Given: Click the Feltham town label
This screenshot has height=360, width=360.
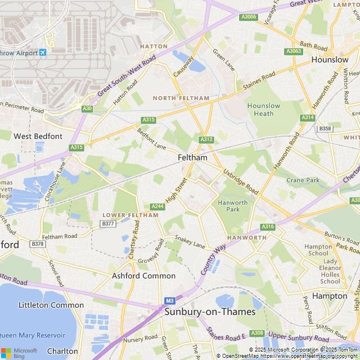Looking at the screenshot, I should point(192,158).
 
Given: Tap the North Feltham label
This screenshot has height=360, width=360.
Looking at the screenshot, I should point(181,98).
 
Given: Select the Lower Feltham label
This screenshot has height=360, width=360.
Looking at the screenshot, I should point(130,215).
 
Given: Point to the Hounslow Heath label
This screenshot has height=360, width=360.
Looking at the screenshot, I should point(264,110).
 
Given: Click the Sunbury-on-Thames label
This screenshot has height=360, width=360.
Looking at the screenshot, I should point(210,312).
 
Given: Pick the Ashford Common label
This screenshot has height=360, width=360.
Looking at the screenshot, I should point(143,276).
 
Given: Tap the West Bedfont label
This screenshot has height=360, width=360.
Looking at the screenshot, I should point(38,136).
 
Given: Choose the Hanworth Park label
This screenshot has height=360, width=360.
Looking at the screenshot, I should point(233,206).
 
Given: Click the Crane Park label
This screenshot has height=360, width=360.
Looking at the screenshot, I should point(303,181).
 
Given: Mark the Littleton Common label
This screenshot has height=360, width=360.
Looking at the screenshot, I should point(51,305).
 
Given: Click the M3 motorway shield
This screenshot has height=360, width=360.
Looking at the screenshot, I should point(170,301).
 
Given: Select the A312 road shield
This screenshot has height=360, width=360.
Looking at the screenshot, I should point(206,139).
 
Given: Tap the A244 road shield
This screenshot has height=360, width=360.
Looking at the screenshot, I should point(157,207).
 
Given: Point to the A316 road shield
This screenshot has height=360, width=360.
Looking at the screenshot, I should point(268,227).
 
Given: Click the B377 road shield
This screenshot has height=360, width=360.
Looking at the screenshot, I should point(107,224).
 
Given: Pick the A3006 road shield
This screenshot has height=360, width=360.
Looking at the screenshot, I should point(249,17).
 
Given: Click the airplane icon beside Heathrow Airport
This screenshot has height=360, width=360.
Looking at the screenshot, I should point(43,52).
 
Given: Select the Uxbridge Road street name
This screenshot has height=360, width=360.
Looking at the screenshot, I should point(241,182).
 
